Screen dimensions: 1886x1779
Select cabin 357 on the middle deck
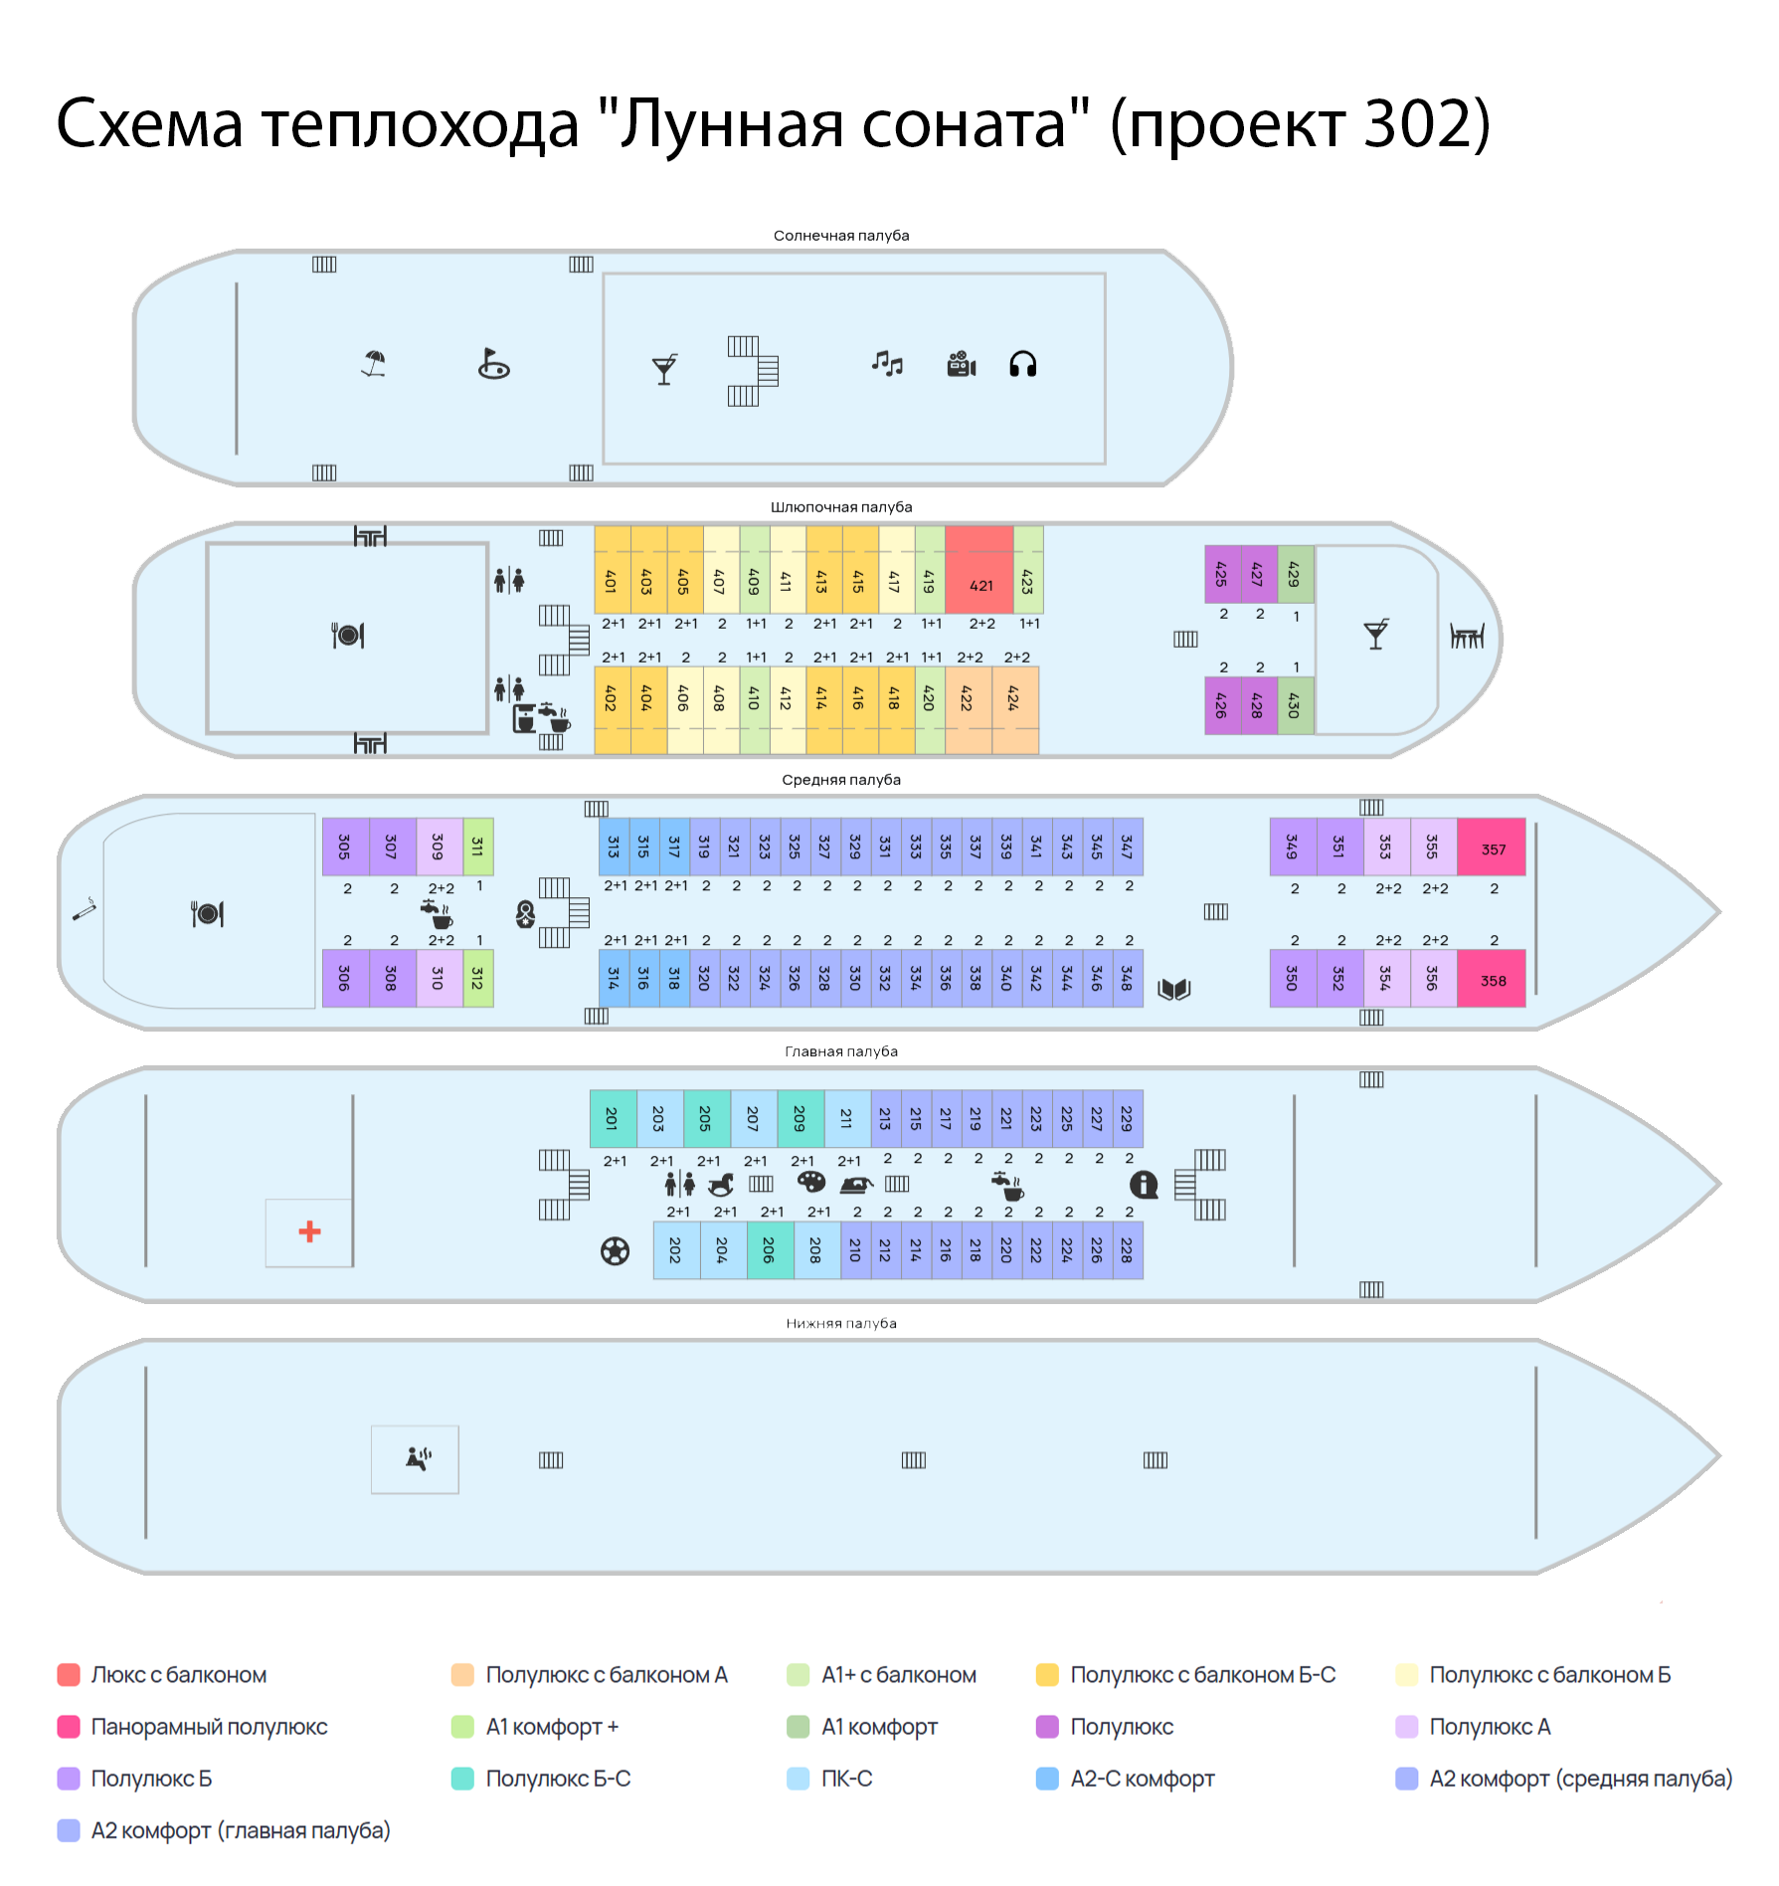click(1492, 849)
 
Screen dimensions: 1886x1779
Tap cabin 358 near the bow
click(1492, 980)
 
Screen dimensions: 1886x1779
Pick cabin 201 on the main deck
click(613, 1119)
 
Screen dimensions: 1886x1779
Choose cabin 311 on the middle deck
click(478, 847)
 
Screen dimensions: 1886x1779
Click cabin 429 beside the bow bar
click(1295, 574)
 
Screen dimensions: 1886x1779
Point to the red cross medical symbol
click(309, 1231)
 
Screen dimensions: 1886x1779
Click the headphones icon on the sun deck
click(1022, 364)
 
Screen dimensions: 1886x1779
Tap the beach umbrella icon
click(374, 363)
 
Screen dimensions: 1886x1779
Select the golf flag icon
click(493, 364)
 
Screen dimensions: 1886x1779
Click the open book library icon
click(1174, 989)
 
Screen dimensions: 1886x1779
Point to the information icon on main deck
click(1144, 1184)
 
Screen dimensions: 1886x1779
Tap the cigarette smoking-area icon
click(85, 909)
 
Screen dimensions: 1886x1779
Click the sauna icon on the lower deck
click(418, 1458)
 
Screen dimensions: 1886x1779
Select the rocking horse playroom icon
click(721, 1184)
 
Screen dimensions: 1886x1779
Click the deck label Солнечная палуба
click(841, 236)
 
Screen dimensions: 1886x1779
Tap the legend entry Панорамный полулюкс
click(209, 1727)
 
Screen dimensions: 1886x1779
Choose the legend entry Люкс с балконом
click(179, 1675)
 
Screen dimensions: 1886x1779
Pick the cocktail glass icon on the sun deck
click(664, 369)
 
